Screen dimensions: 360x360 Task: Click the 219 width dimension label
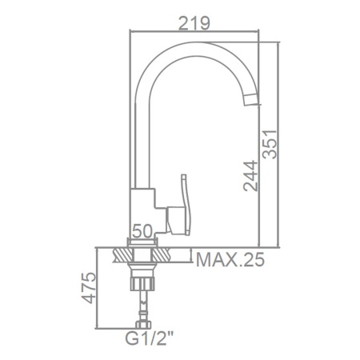194,23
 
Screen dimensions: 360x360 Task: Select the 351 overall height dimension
270,144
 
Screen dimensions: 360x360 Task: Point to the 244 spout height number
250,176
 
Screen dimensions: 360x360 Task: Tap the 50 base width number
142,230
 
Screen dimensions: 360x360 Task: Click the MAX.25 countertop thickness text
230,259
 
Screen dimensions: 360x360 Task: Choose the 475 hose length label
88,288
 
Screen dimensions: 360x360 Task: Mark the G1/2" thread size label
150,338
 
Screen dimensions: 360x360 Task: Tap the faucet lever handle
185,205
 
